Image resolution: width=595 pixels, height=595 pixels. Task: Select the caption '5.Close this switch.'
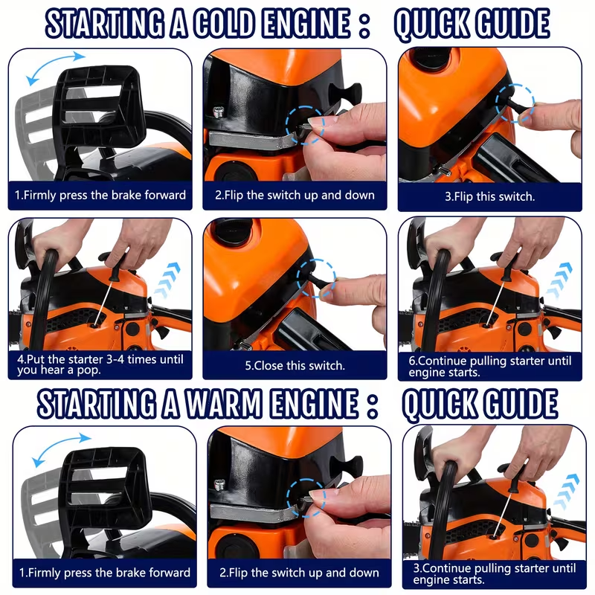click(x=295, y=365)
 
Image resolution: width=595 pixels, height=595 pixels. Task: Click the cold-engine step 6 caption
click(x=490, y=365)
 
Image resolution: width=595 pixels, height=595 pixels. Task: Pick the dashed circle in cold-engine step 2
click(x=305, y=123)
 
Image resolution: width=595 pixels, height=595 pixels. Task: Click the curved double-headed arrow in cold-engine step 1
click(x=51, y=68)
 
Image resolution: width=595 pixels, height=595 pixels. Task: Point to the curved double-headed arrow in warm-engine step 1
click(x=57, y=448)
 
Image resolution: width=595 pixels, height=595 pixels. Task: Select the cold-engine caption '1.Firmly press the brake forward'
click(x=100, y=196)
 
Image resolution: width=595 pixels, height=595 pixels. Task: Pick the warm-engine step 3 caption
click(x=494, y=573)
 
